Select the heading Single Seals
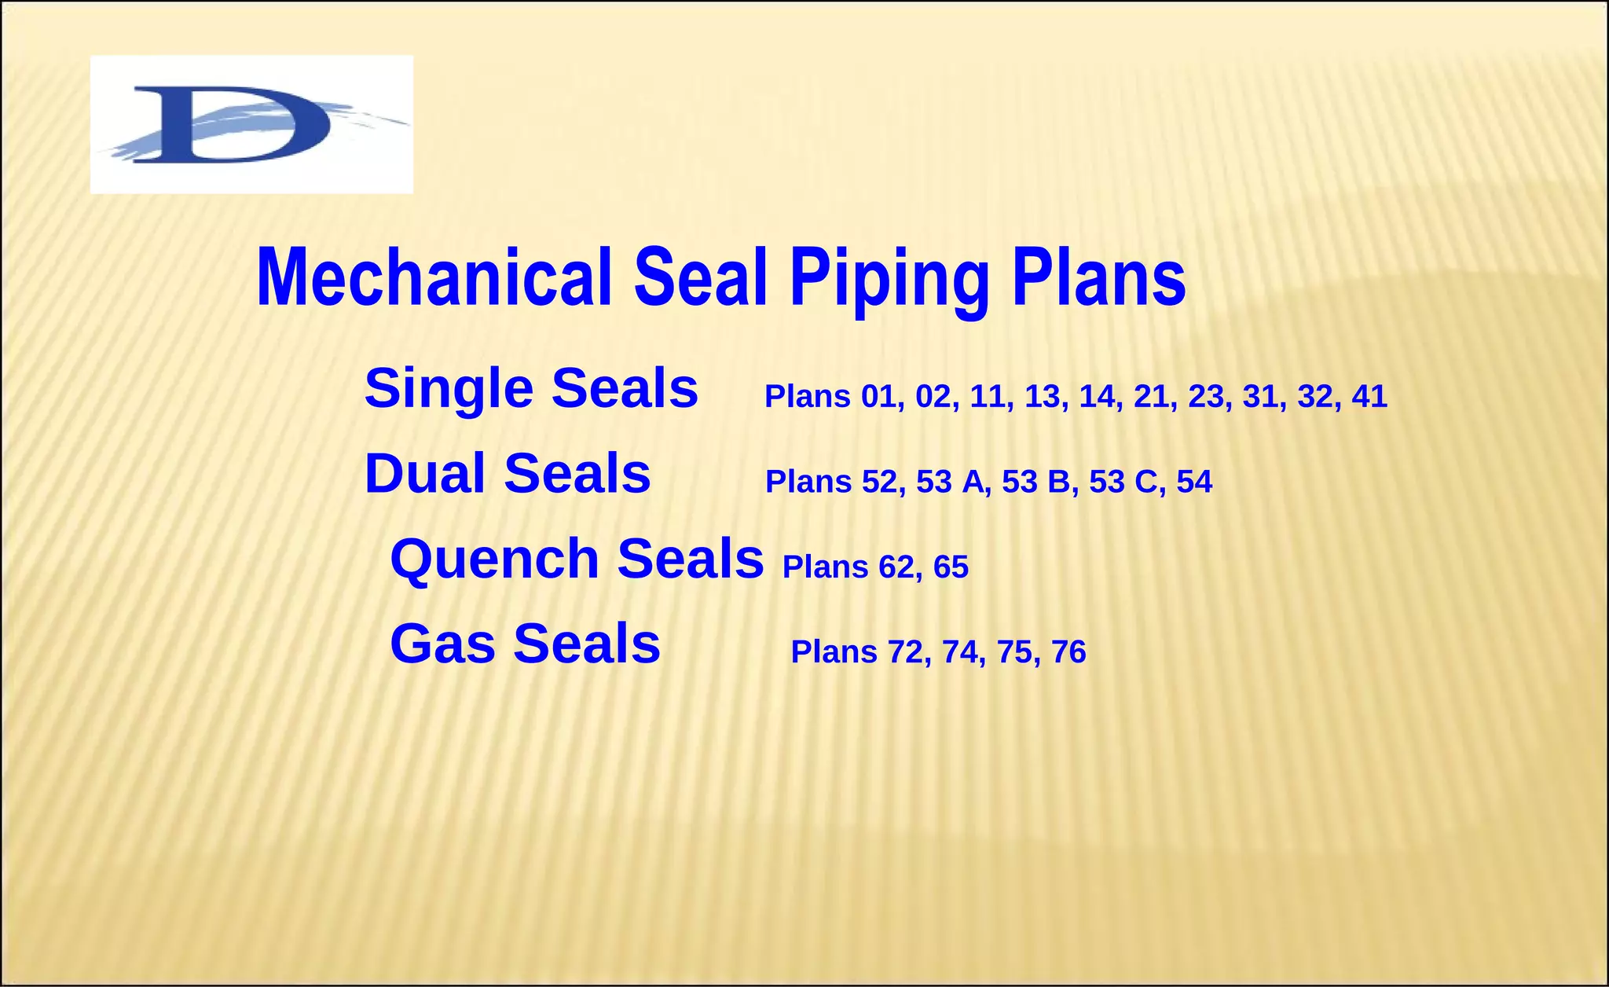click(531, 388)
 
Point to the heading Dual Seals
click(508, 474)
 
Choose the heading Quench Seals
click(577, 559)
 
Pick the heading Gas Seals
click(525, 644)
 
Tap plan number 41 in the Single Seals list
click(1369, 397)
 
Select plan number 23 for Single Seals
click(1206, 397)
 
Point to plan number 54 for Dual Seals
click(1194, 482)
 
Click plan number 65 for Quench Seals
click(951, 567)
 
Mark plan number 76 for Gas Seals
click(1068, 652)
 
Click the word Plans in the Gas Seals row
click(834, 652)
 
